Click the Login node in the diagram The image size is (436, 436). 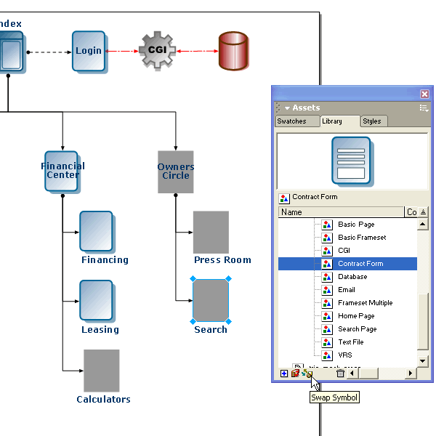tap(89, 51)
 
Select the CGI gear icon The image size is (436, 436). tap(158, 50)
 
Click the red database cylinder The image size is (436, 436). tap(233, 51)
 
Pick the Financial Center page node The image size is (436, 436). tap(62, 171)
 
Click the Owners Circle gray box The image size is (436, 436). tap(176, 171)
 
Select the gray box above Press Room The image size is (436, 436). tap(211, 232)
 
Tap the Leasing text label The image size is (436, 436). tap(100, 330)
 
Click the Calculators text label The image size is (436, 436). tap(104, 399)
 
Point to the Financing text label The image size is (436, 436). tap(105, 260)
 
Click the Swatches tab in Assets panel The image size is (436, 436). tap(291, 121)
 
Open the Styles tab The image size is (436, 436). tap(371, 121)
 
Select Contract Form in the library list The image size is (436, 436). tap(360, 264)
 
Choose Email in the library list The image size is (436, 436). tap(347, 290)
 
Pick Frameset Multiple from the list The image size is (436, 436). tap(365, 303)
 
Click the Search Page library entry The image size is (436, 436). tap(357, 329)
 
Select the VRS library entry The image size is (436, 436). tap(345, 355)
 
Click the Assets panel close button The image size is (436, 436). tap(425, 94)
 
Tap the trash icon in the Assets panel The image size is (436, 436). tap(340, 374)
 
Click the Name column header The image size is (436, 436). tap(340, 212)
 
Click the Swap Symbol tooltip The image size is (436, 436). tap(334, 397)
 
